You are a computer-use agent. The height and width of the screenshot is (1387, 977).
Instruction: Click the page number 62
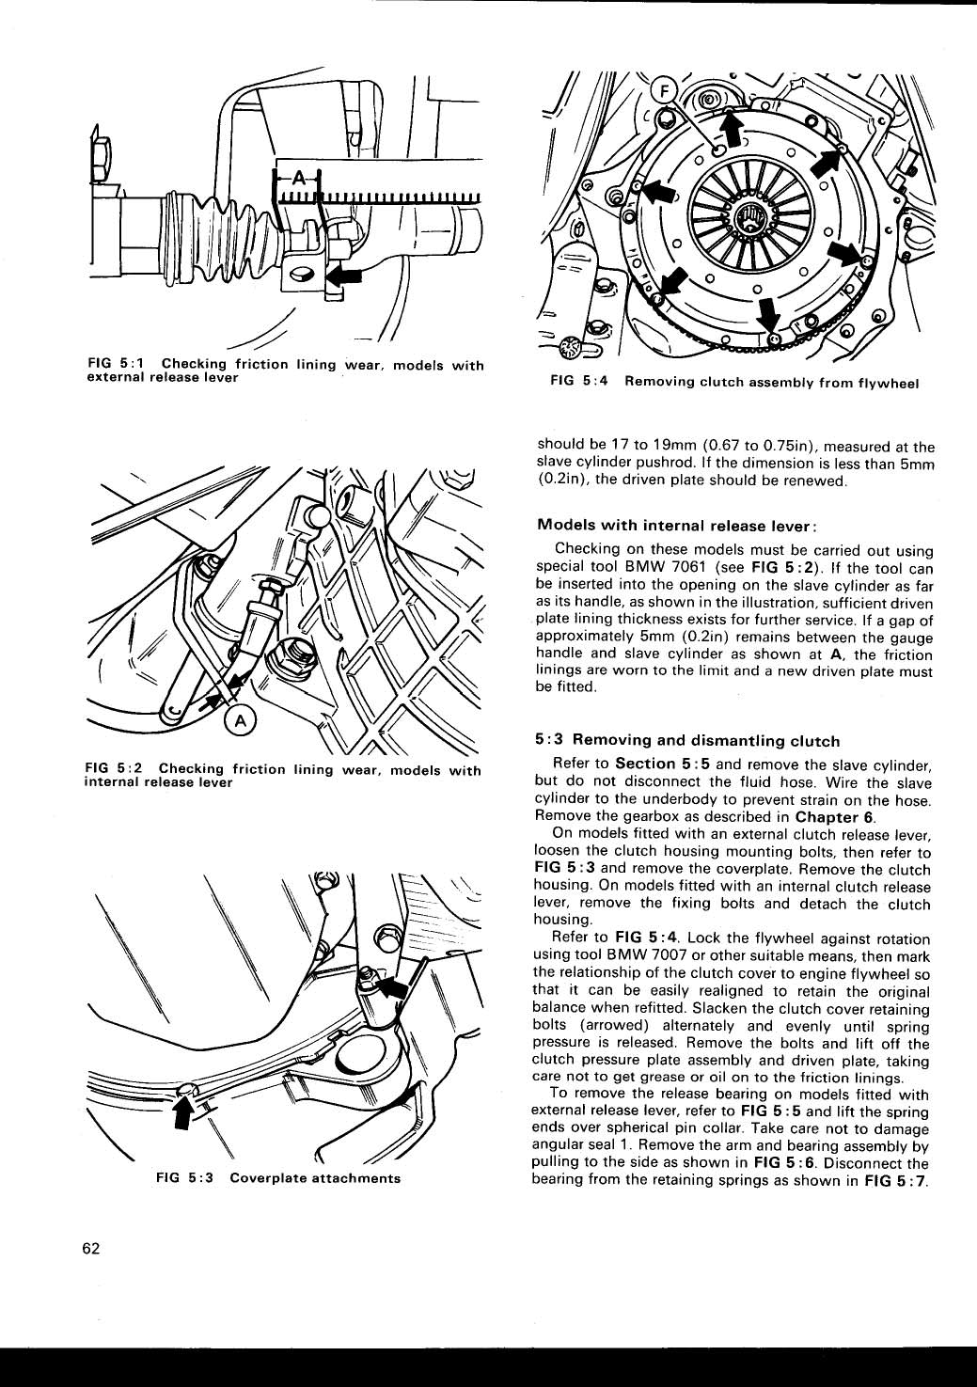pos(91,1249)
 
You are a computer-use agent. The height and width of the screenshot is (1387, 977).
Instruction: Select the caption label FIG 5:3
pos(187,1178)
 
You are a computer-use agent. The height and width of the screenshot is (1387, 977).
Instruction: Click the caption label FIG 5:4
pos(582,382)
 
